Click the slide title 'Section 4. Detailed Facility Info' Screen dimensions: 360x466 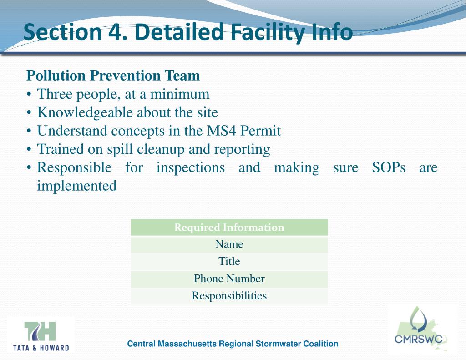pos(188,32)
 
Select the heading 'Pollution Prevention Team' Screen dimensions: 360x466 pos(113,75)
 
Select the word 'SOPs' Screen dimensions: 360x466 pos(389,167)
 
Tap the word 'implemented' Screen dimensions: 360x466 pos(76,186)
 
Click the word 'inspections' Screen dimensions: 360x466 pos(190,167)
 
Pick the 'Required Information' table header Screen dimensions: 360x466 pos(229,228)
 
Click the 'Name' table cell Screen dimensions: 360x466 pos(229,244)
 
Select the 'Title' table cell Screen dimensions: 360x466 pos(229,262)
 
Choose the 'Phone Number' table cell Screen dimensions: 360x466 pos(229,279)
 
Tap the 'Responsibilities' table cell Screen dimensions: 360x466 pos(229,296)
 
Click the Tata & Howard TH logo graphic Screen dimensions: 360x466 pos(40,331)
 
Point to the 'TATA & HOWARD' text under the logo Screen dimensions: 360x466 pos(41,348)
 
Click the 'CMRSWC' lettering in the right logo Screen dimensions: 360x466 pos(418,339)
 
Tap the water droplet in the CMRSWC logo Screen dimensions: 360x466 pos(418,318)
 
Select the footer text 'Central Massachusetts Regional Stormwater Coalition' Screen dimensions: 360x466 pos(233,344)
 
